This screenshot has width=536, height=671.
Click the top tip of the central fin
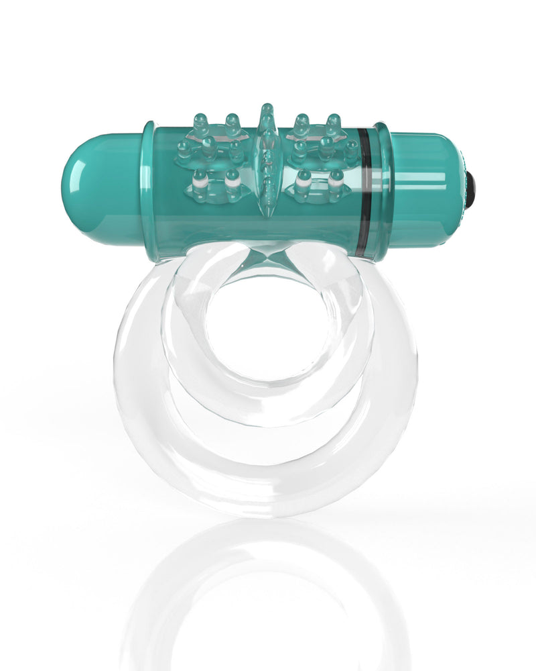point(267,107)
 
